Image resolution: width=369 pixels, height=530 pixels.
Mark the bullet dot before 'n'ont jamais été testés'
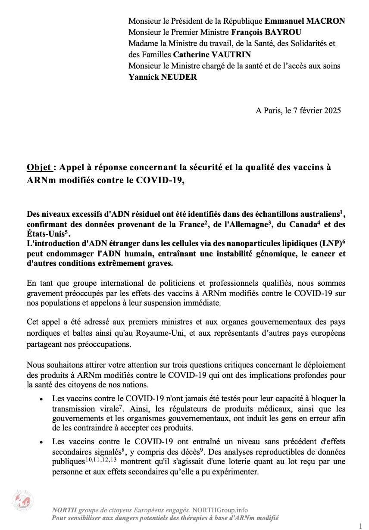[x=41, y=399]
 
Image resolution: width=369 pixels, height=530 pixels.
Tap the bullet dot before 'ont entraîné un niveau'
[x=41, y=443]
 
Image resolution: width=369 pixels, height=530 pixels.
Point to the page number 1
[x=360, y=525]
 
